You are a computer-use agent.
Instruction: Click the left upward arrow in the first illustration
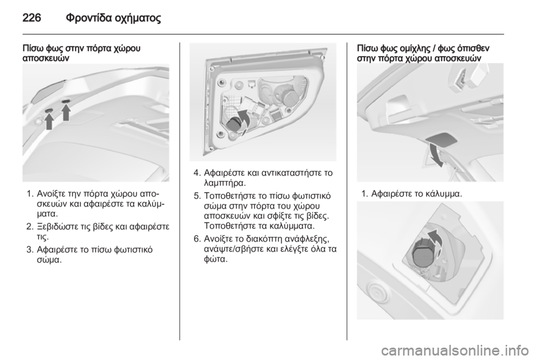(x=49, y=120)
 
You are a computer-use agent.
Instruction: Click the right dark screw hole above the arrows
(x=67, y=100)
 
